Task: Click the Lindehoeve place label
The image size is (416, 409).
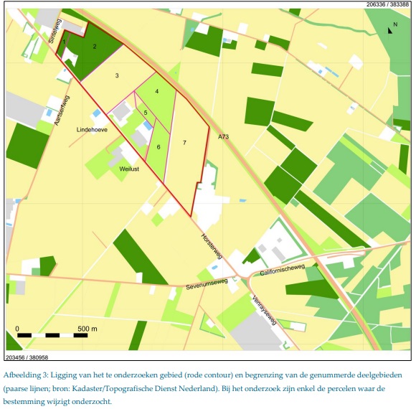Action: pos(93,130)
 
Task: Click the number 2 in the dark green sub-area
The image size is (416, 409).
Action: pos(94,47)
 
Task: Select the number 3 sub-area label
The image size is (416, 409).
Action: pos(117,75)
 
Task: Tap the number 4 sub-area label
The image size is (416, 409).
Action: pos(156,91)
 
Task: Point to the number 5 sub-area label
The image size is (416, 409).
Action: pos(145,113)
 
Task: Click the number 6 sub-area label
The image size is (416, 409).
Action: pos(158,147)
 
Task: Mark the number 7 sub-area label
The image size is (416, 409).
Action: pos(184,144)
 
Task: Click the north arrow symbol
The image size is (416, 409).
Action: pos(391,29)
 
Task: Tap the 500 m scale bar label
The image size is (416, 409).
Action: pos(87,328)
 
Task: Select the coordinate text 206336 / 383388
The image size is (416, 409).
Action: pos(388,4)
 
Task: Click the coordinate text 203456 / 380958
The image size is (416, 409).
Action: pos(27,356)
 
